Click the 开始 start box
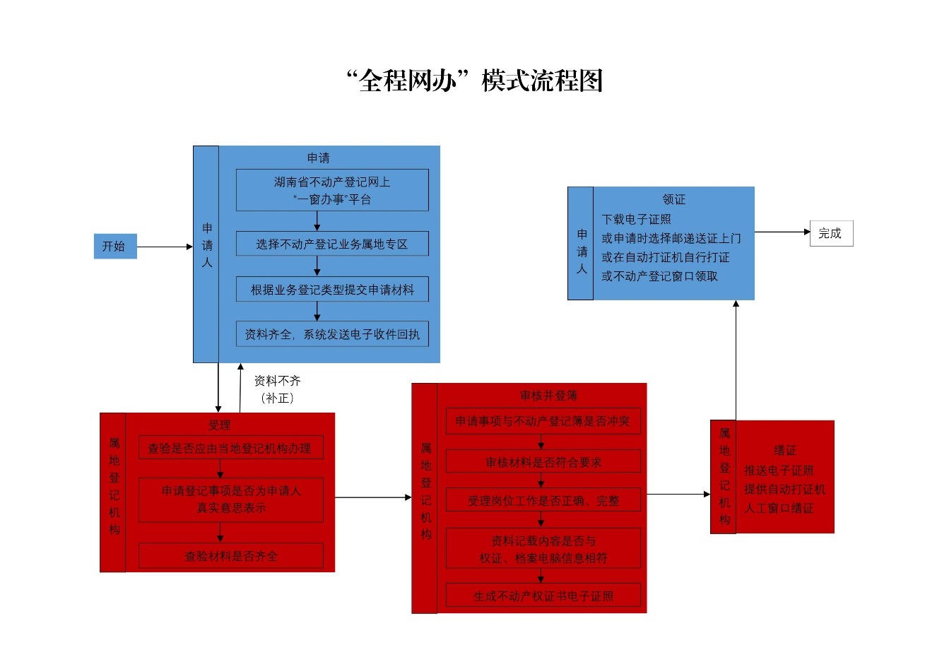[115, 246]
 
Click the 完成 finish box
[831, 233]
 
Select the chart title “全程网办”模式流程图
[474, 81]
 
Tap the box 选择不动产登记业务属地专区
[332, 244]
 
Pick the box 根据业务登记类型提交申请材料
[332, 289]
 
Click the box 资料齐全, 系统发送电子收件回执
[332, 334]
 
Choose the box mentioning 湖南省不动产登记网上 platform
[332, 190]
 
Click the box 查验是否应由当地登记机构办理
[230, 448]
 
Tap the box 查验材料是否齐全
[230, 556]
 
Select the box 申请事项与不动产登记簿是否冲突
[543, 421]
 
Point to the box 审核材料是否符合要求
[543, 462]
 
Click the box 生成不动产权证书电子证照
[543, 596]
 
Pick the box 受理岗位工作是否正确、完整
[543, 500]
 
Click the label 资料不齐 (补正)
[278, 389]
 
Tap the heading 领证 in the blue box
[673, 199]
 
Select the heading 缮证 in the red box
[784, 450]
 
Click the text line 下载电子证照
[636, 219]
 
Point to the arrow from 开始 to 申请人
[165, 247]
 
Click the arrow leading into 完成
[782, 232]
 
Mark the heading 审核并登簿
[548, 395]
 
